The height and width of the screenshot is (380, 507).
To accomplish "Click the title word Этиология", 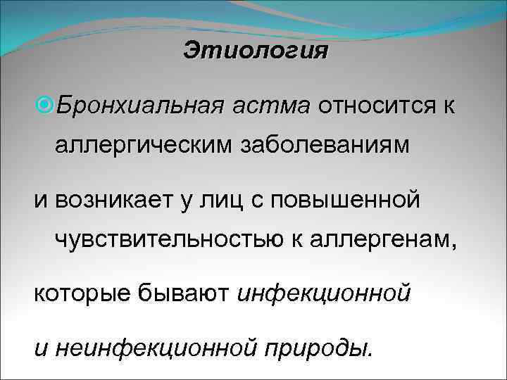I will click(x=256, y=51).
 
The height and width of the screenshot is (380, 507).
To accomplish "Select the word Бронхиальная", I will click(x=139, y=106).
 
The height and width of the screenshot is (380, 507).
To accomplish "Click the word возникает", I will click(x=108, y=200).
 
